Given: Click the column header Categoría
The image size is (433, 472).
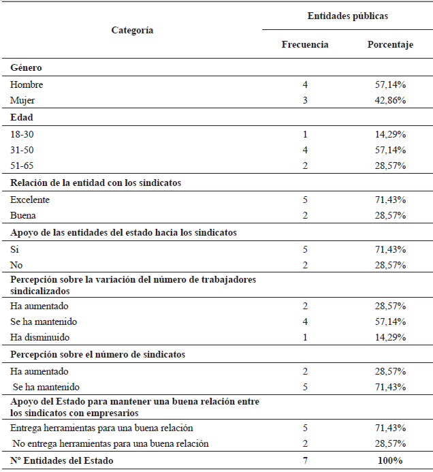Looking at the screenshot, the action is click(x=132, y=30).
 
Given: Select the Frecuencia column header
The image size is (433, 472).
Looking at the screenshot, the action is click(x=305, y=45).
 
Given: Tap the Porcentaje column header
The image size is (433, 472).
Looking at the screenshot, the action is click(x=390, y=45).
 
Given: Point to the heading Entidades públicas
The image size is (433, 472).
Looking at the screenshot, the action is click(x=347, y=16).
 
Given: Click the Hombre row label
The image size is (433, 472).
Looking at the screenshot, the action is click(x=27, y=85).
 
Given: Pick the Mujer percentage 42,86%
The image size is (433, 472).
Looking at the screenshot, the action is click(x=390, y=100).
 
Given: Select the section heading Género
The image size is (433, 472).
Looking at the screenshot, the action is click(x=26, y=68).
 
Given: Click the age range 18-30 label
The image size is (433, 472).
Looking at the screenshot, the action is click(x=22, y=134).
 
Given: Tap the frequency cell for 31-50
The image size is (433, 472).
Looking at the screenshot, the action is click(x=305, y=150).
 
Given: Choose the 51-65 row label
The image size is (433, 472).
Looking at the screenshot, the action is click(x=22, y=166).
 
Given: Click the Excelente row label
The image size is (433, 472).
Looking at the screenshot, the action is click(x=31, y=200).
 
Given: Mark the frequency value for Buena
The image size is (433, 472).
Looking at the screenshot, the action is click(x=305, y=215).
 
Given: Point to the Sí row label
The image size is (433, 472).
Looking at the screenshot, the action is click(x=14, y=249).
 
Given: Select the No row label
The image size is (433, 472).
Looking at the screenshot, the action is click(x=16, y=264).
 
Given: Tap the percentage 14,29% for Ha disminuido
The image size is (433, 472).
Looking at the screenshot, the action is click(x=390, y=337).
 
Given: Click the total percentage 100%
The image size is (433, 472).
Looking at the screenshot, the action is click(x=390, y=461).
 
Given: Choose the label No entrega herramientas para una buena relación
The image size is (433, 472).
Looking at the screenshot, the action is click(x=110, y=443).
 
